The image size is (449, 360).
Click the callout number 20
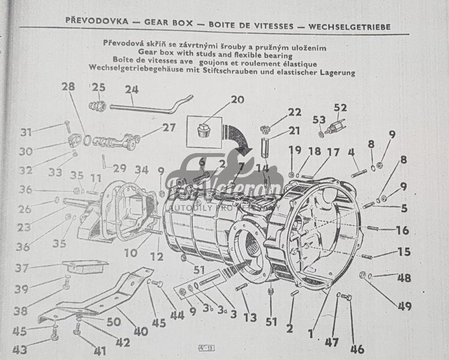[237, 100]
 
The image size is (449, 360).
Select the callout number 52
[340, 108]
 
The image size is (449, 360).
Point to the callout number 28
[68, 87]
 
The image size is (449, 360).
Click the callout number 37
[22, 268]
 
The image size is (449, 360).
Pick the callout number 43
[19, 350]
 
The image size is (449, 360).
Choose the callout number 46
[357, 349]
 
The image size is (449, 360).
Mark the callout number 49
[404, 306]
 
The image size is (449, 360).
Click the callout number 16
[402, 230]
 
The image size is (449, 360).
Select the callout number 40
[140, 331]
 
